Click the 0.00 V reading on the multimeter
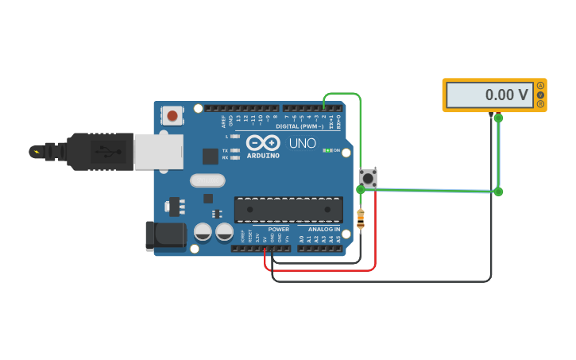pyautogui.click(x=506, y=95)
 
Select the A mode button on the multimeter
pyautogui.click(x=541, y=86)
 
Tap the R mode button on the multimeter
pyautogui.click(x=541, y=104)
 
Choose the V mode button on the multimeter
pyautogui.click(x=541, y=95)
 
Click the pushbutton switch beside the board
pyautogui.click(x=368, y=177)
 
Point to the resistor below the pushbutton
pyautogui.click(x=361, y=219)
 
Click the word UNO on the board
pyautogui.click(x=302, y=144)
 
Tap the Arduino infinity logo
pyautogui.click(x=263, y=142)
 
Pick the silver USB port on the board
pyautogui.click(x=158, y=151)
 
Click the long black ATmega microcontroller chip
pyautogui.click(x=288, y=210)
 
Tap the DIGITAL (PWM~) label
pyautogui.click(x=300, y=126)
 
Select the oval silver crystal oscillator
pyautogui.click(x=207, y=180)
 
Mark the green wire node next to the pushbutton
pyautogui.click(x=361, y=189)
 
